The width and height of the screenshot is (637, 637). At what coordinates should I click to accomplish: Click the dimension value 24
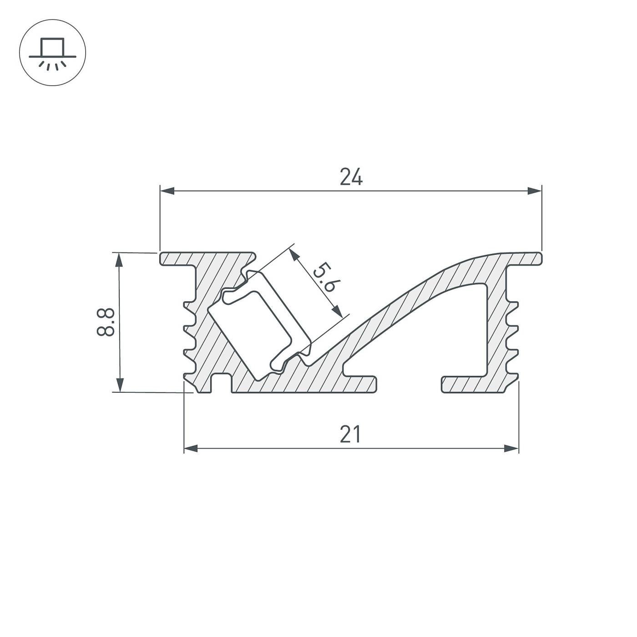pyautogui.click(x=351, y=177)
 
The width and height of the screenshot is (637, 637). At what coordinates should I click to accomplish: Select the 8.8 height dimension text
pyautogui.click(x=105, y=322)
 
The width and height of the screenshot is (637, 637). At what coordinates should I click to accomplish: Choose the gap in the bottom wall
pyautogui.click(x=409, y=384)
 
